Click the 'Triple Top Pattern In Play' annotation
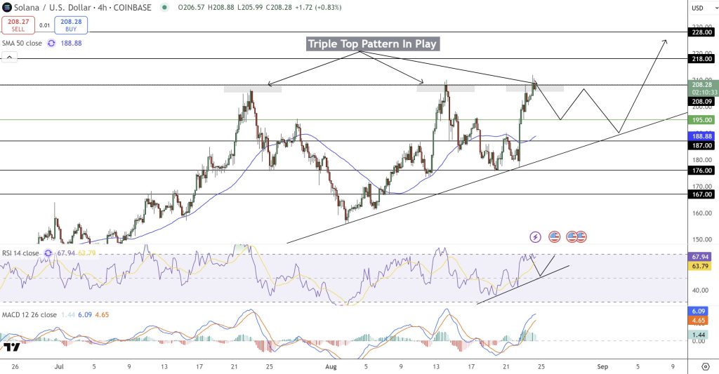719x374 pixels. (x=372, y=44)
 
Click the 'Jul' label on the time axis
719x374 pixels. (x=58, y=366)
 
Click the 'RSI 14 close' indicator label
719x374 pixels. (x=21, y=253)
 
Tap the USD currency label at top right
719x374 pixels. (x=698, y=8)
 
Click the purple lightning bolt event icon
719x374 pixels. (x=535, y=237)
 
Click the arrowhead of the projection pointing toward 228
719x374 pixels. (x=665, y=41)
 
